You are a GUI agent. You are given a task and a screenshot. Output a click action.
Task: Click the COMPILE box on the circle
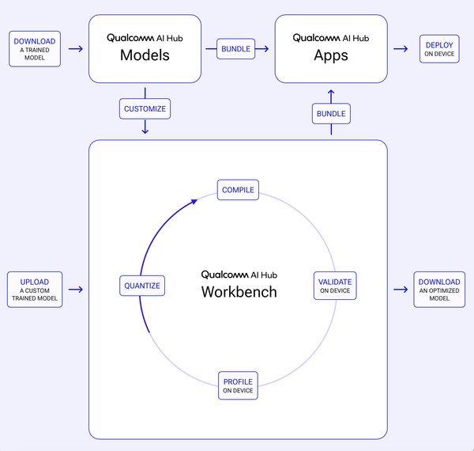click(x=238, y=190)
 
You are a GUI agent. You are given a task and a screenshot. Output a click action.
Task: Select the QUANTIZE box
click(x=142, y=286)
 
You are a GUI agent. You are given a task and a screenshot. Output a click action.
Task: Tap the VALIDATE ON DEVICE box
click(x=335, y=286)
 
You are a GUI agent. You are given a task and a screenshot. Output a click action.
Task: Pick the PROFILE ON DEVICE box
click(x=238, y=385)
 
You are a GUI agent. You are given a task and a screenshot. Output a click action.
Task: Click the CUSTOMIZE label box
click(x=145, y=108)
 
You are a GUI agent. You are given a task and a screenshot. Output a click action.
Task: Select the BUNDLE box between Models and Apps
click(x=235, y=49)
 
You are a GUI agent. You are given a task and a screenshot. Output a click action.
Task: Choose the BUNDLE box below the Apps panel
click(x=331, y=113)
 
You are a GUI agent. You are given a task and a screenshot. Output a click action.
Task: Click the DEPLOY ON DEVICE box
click(x=439, y=49)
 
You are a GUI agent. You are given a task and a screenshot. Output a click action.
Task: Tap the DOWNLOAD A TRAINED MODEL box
click(x=35, y=49)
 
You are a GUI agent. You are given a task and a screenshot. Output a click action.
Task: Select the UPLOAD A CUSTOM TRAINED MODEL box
click(x=35, y=290)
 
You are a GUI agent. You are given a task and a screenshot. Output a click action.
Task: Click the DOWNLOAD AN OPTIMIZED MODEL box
click(x=439, y=290)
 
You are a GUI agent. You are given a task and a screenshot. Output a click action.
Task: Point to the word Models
click(x=145, y=55)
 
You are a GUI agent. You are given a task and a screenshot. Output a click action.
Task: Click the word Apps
click(x=331, y=55)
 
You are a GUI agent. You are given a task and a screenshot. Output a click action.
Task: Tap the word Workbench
click(x=239, y=292)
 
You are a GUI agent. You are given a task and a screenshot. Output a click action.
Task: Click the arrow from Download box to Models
click(x=76, y=49)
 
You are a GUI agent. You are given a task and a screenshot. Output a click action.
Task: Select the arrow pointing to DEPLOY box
click(x=401, y=49)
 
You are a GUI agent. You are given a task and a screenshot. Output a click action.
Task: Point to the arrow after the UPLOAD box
click(x=76, y=290)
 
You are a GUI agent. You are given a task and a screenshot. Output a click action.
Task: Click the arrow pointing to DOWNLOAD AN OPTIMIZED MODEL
click(x=401, y=290)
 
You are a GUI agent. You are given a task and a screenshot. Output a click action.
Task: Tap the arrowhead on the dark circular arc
click(x=194, y=202)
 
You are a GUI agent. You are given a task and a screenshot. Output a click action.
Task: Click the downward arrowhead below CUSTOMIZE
click(x=145, y=131)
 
